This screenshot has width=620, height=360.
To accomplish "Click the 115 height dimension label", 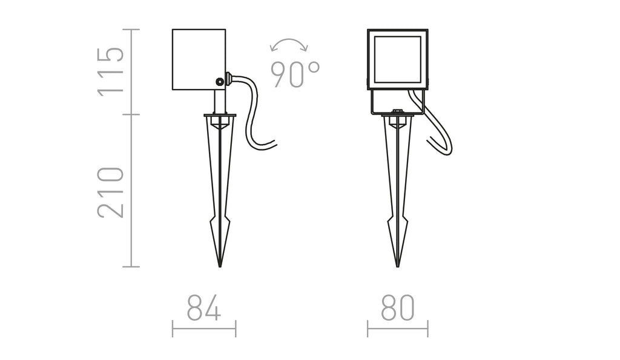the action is [111, 72].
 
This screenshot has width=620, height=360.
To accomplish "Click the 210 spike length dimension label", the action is [111, 192].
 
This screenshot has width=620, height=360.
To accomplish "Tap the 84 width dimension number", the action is [203, 307].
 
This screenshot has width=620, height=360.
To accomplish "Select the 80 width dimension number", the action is [398, 307].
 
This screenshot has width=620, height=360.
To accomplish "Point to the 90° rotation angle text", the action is [295, 74].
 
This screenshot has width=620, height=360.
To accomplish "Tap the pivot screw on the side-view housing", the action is [219, 82].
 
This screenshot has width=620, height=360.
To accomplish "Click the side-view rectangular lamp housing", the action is [199, 59].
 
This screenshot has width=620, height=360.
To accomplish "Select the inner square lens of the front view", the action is [397, 59].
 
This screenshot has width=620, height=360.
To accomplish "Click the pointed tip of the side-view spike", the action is [220, 267].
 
